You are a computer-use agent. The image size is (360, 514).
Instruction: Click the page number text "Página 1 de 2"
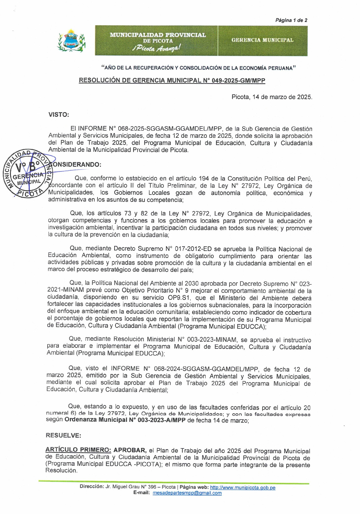[291, 20]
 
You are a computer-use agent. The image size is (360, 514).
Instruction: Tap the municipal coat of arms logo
[71, 41]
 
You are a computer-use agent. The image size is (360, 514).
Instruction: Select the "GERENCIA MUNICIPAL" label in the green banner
[262, 40]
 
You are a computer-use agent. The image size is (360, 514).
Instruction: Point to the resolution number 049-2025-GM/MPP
[238, 80]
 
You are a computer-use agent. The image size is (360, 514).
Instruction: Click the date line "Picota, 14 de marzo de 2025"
[272, 97]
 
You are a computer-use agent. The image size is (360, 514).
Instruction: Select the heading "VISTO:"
[59, 114]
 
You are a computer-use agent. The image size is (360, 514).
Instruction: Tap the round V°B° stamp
[27, 173]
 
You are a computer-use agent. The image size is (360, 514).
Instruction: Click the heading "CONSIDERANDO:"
[77, 164]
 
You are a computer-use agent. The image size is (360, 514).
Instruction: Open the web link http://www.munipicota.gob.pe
[243, 488]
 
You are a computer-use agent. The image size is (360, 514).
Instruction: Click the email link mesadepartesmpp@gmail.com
[187, 493]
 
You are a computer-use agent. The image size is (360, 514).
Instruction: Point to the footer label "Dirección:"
[91, 487]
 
